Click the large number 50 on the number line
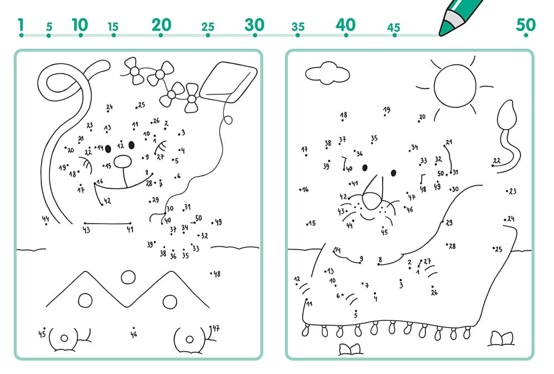click(x=526, y=24)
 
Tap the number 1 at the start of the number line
click(x=21, y=25)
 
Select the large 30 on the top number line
click(x=254, y=25)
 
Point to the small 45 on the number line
click(x=393, y=27)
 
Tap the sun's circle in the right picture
click(x=455, y=85)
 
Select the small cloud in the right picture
click(x=327, y=73)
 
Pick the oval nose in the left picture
click(x=123, y=162)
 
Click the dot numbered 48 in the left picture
click(x=211, y=273)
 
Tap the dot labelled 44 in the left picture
click(x=46, y=224)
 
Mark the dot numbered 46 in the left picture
click(x=134, y=328)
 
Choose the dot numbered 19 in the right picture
click(x=385, y=115)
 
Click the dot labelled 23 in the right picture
click(x=507, y=191)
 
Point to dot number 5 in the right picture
click(x=356, y=310)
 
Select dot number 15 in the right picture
click(x=307, y=224)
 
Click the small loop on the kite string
click(x=228, y=120)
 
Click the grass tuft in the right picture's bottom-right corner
click(x=501, y=339)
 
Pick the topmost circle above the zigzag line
click(x=128, y=278)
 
